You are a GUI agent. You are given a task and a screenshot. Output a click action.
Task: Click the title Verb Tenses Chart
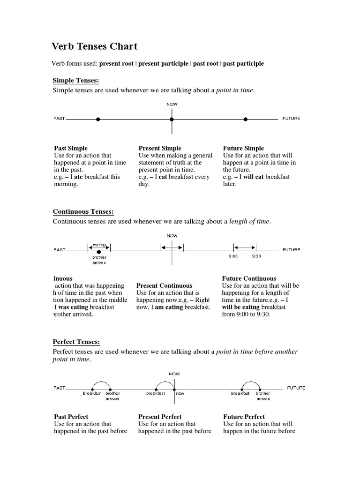[x=94, y=46]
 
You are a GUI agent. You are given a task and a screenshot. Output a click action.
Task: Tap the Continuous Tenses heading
[x=83, y=212]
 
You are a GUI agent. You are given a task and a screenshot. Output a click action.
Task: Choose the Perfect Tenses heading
[x=76, y=342]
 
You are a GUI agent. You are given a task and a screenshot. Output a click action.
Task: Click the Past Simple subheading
[x=71, y=148]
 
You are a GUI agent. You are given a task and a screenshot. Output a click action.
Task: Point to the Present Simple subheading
[x=160, y=148]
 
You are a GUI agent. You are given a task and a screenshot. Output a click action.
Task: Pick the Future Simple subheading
[x=243, y=148]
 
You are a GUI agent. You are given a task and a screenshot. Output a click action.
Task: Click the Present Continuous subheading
[x=164, y=285]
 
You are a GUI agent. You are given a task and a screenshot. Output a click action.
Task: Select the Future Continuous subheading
[x=249, y=278]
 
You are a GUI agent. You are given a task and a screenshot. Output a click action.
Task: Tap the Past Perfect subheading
[x=71, y=417]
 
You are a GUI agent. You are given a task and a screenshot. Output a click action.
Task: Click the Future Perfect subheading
[x=244, y=417]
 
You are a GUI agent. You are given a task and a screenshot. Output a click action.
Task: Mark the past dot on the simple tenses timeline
[x=98, y=119]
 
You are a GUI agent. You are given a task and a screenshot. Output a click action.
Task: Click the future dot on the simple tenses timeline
[x=245, y=119]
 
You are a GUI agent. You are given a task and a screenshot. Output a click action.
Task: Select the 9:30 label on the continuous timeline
[x=256, y=256]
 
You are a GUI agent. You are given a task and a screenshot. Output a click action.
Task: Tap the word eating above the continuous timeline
[x=99, y=245]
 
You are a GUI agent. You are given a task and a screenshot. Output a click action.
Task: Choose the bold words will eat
[x=253, y=177]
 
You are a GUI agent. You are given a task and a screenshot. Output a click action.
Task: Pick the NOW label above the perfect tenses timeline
[x=174, y=374]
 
